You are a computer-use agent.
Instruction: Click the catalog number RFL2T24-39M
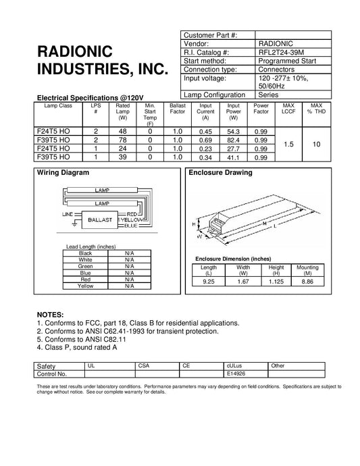[x=279, y=51]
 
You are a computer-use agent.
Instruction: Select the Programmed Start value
[x=284, y=60]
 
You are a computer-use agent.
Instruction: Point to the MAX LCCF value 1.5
[x=288, y=144]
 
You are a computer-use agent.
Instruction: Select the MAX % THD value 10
[x=315, y=144]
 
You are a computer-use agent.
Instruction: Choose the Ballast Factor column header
[x=178, y=111]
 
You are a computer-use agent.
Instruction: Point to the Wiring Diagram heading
[x=62, y=173]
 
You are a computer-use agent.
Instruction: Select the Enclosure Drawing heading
[x=221, y=173]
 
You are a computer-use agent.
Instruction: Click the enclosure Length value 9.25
[x=209, y=282]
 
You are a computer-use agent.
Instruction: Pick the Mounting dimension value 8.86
[x=307, y=282]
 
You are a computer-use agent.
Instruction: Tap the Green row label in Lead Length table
[x=86, y=266]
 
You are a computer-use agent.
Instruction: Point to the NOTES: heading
[x=50, y=315]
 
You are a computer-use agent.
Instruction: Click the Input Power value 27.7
[x=234, y=148]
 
